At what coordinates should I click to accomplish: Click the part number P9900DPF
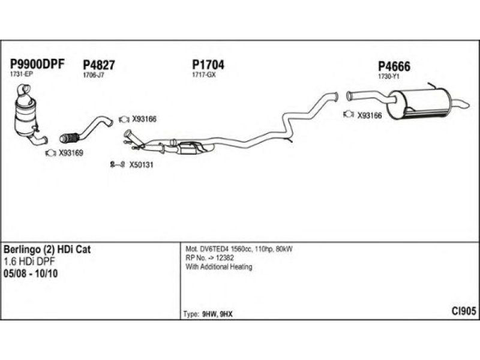(x=37, y=65)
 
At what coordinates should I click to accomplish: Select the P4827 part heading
(x=99, y=65)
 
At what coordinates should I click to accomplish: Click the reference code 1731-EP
(x=22, y=74)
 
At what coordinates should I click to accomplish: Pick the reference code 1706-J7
(x=93, y=76)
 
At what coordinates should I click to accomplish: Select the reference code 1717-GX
(x=203, y=75)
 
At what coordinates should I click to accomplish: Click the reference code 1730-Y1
(x=388, y=77)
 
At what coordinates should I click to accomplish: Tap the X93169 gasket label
(x=71, y=153)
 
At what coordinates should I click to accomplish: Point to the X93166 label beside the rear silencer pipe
(x=369, y=116)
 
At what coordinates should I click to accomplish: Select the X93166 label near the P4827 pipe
(x=143, y=119)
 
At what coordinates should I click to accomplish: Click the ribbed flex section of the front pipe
(x=71, y=137)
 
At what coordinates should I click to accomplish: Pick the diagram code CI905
(x=464, y=311)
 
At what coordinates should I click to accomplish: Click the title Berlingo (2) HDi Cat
(x=47, y=249)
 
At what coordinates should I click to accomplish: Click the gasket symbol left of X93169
(x=51, y=153)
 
